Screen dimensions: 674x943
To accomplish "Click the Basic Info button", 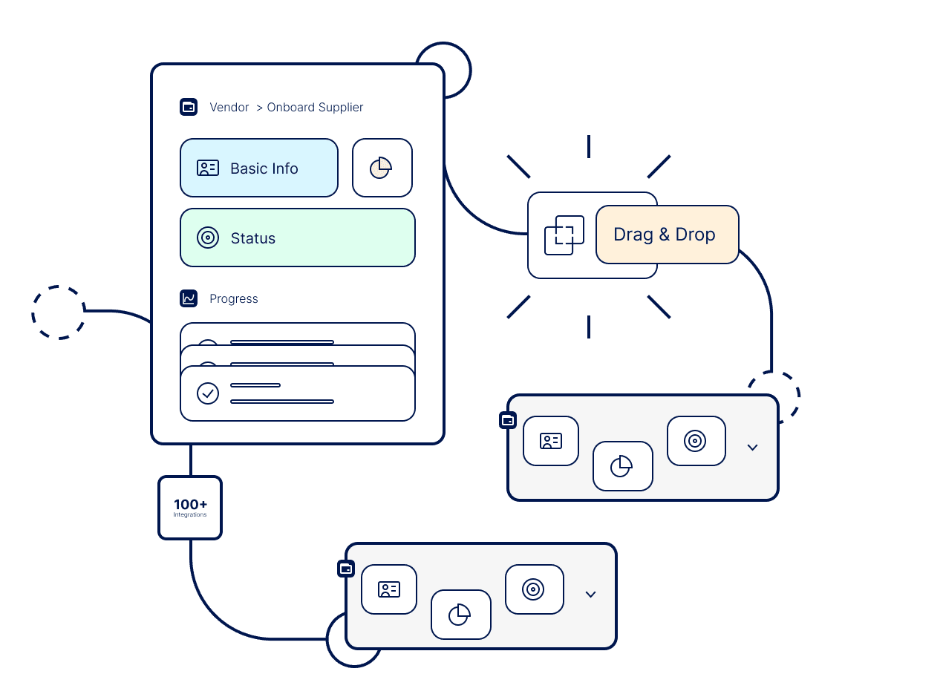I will (258, 168).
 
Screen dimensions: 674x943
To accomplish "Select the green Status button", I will (297, 238).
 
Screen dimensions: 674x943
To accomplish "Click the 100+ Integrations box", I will (190, 508).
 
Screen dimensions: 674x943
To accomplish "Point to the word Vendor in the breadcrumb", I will (229, 107).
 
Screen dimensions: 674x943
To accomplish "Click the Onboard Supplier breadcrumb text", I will (315, 107).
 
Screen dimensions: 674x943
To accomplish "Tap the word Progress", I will (234, 298).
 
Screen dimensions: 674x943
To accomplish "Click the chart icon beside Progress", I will (189, 298).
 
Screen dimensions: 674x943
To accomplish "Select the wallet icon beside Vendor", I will (189, 107).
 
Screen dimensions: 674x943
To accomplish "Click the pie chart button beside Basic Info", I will (382, 168).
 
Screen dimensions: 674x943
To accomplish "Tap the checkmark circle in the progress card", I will (208, 393).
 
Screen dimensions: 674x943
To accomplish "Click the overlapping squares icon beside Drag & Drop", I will (564, 235).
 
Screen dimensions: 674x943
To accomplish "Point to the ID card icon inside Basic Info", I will (208, 168).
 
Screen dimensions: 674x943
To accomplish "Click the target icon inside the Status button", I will (208, 238).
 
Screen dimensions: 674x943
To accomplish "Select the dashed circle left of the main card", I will (58, 313).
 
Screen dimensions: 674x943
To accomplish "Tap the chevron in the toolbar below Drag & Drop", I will (752, 447).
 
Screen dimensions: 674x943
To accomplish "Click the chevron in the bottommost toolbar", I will (590, 594).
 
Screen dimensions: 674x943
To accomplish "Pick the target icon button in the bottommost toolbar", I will (534, 589).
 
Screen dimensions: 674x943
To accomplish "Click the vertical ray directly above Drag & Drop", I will (589, 146).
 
